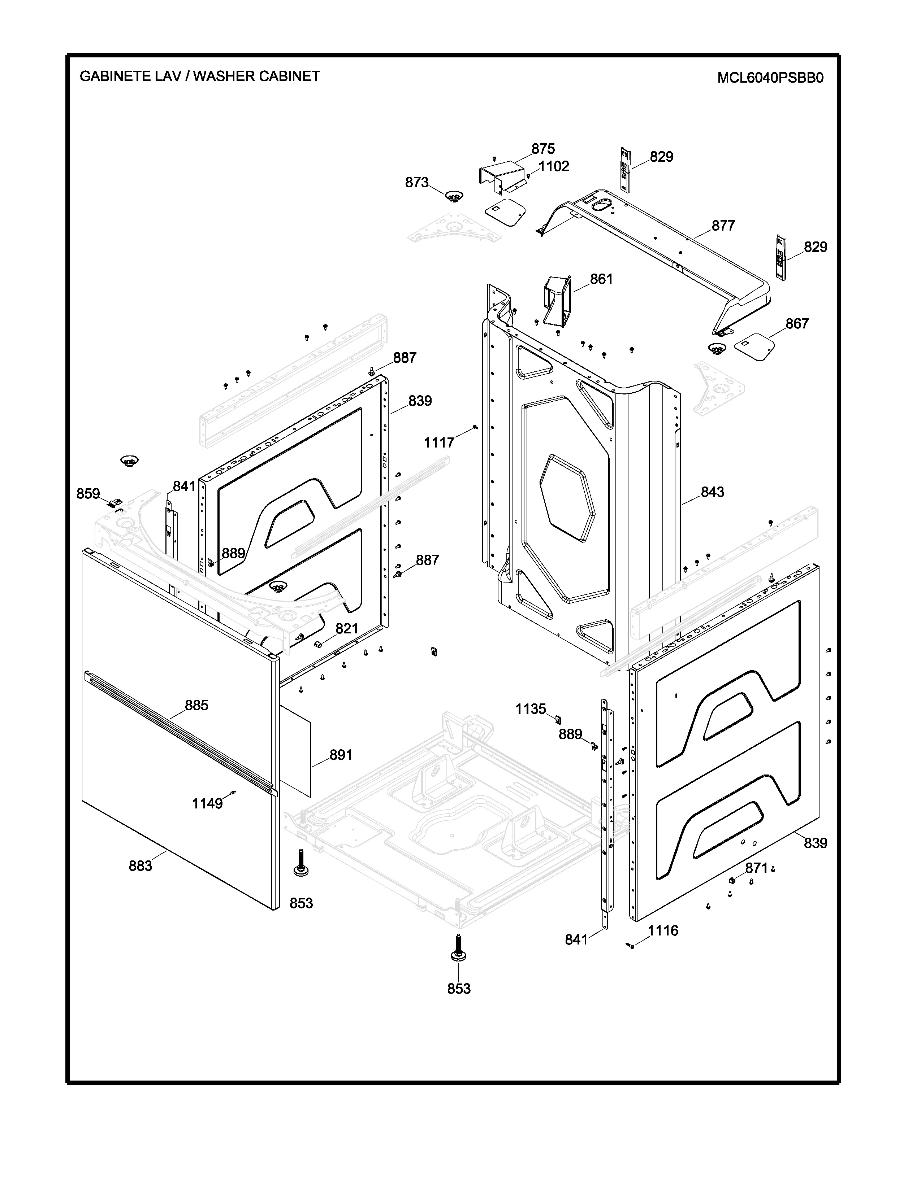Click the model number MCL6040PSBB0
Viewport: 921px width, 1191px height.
770,78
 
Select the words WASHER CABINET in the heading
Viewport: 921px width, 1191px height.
256,77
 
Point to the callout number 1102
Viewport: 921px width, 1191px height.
554,166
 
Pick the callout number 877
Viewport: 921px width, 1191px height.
723,226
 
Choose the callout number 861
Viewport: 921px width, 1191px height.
601,279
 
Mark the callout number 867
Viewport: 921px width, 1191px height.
797,324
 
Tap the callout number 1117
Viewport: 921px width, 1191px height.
439,443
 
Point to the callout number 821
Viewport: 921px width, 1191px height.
346,629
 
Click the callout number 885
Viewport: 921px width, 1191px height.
196,706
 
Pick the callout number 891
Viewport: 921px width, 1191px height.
341,755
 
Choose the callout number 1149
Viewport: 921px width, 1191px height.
207,803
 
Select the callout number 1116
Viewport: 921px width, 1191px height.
663,930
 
